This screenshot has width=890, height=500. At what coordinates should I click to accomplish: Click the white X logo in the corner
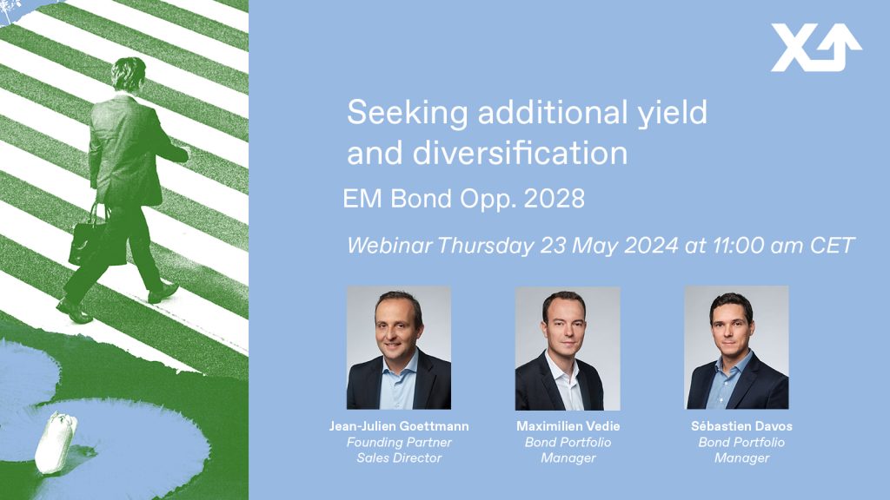point(815,48)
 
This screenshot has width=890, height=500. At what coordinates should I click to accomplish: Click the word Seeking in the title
point(407,113)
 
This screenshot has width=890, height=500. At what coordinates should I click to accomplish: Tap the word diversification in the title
point(520,153)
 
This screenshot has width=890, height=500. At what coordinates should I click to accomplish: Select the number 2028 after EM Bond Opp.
point(554,199)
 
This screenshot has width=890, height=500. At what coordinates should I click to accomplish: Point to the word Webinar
point(389,246)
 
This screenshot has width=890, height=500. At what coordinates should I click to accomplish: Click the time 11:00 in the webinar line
point(739,246)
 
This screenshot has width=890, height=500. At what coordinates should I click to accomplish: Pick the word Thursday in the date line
point(485,246)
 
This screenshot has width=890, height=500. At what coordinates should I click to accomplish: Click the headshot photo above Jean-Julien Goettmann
point(399,347)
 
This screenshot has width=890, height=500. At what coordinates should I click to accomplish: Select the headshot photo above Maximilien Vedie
point(568,348)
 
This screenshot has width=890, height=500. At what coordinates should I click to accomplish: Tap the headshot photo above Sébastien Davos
point(737,347)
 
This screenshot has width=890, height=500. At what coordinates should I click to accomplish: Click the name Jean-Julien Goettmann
point(399,426)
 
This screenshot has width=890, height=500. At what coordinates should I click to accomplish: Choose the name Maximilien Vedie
point(568,426)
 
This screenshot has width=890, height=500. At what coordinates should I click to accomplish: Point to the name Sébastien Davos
point(742,426)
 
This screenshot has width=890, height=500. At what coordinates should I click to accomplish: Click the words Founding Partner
point(399,442)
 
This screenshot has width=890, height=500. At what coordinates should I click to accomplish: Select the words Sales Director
point(399,458)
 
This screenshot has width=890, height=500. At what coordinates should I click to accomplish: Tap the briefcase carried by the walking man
point(96,241)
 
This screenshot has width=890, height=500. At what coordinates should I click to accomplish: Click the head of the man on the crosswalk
point(129,75)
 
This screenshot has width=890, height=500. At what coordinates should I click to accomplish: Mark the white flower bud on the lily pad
point(56,442)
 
